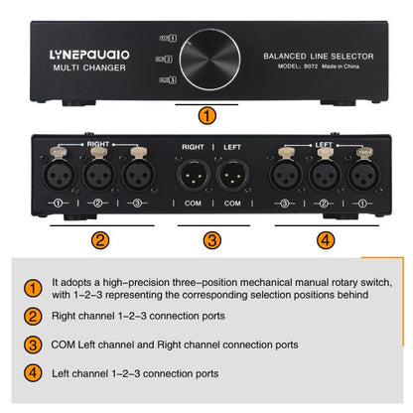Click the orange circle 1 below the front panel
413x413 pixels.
click(206, 116)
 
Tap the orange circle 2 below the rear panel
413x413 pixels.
click(100, 239)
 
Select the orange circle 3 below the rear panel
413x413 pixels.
click(206, 239)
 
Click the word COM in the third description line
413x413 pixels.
click(66, 345)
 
